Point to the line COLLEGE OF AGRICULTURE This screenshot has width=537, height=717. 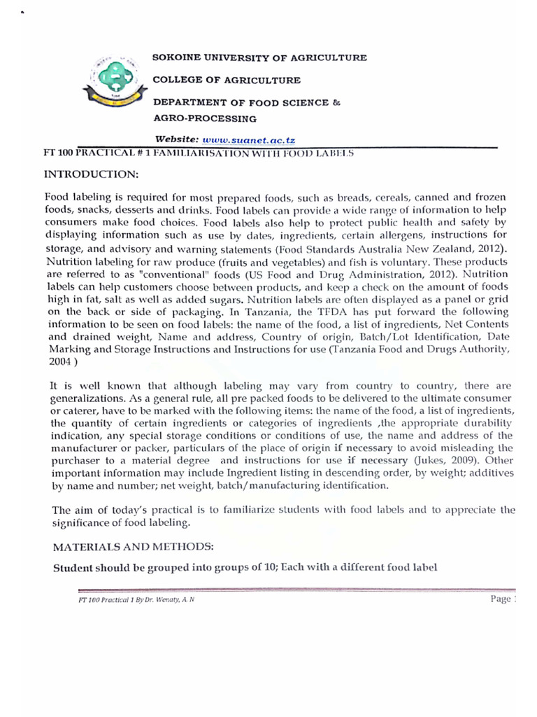(x=227, y=81)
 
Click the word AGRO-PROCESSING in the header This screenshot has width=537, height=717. (x=205, y=118)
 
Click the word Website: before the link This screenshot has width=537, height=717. (x=177, y=140)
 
